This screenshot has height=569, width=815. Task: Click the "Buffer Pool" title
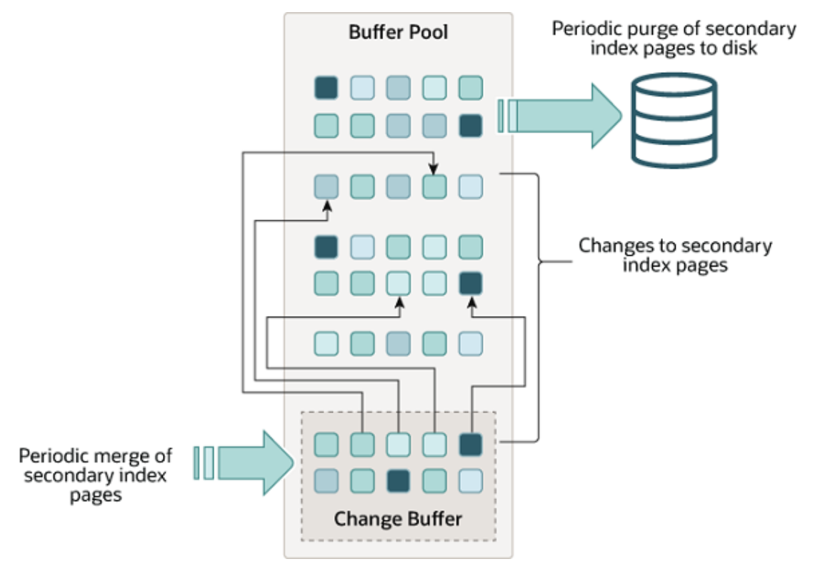tap(398, 32)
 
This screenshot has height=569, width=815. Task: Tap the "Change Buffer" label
tap(397, 517)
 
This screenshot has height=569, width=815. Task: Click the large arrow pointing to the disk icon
tap(564, 115)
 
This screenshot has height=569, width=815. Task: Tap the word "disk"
tap(740, 49)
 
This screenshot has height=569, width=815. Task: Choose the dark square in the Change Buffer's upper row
tap(470, 445)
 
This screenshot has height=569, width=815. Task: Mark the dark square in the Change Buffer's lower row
tap(399, 478)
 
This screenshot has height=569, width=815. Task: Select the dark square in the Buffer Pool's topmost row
tap(326, 88)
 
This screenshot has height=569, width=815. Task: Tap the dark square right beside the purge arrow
tap(470, 126)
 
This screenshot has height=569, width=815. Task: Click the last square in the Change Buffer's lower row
tap(470, 478)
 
